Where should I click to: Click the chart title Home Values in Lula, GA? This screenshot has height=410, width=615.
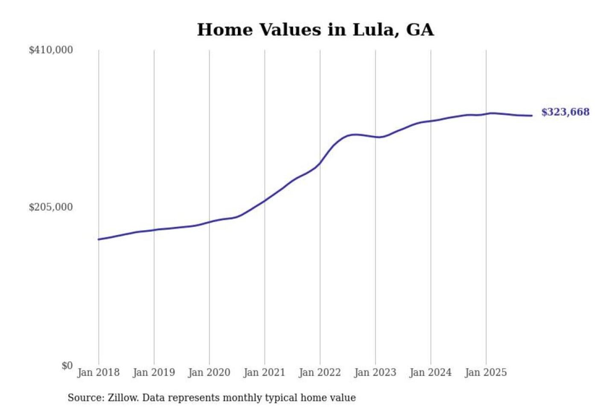[x=315, y=30]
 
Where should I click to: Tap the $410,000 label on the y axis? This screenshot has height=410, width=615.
[x=51, y=50]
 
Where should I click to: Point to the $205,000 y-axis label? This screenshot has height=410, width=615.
[x=51, y=207]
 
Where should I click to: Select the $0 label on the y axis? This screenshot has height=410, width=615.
[x=67, y=366]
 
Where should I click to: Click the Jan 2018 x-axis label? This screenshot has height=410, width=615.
[x=99, y=372]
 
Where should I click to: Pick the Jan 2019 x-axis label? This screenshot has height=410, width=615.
[x=154, y=372]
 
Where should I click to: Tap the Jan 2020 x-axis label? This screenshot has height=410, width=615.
[x=209, y=372]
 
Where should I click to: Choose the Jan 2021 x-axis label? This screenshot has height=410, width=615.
[x=264, y=372]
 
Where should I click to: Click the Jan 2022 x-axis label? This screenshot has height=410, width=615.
[x=320, y=372]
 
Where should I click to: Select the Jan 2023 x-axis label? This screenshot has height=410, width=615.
[x=375, y=372]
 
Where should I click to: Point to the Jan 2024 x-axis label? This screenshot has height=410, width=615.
[x=430, y=372]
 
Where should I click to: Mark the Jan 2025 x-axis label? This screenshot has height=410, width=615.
[x=486, y=372]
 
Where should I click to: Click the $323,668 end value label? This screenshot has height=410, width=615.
[x=565, y=112]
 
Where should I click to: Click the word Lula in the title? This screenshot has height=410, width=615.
[x=371, y=30]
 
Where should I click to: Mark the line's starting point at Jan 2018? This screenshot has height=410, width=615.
[x=99, y=239]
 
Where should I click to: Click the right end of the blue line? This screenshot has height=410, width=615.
[x=532, y=115]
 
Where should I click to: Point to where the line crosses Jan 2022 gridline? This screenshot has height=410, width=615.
[x=320, y=163]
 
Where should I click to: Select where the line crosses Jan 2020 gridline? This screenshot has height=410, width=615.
[x=209, y=222]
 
